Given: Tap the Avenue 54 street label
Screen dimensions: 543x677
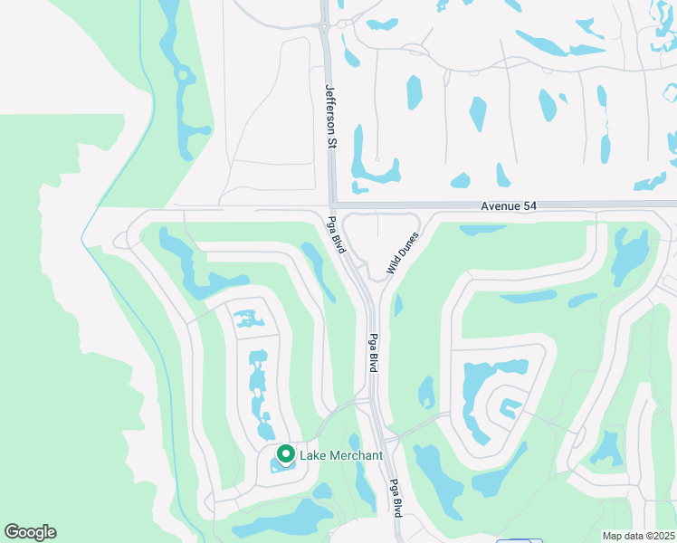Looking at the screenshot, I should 509,206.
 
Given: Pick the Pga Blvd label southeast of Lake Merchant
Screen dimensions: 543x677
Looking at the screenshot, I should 396,497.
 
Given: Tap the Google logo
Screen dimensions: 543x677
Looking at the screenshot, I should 30,532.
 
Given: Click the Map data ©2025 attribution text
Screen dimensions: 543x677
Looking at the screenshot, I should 639,536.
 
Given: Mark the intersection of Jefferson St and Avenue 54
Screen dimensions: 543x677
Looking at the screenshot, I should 331,205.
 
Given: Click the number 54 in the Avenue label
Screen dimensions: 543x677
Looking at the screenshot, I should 529,206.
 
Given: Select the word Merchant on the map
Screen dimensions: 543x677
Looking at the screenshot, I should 357,455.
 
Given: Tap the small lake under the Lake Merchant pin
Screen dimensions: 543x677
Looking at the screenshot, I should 283,466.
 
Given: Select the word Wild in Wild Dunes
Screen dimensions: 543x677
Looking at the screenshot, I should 392,264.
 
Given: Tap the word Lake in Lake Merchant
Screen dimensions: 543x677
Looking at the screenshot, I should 315,455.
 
